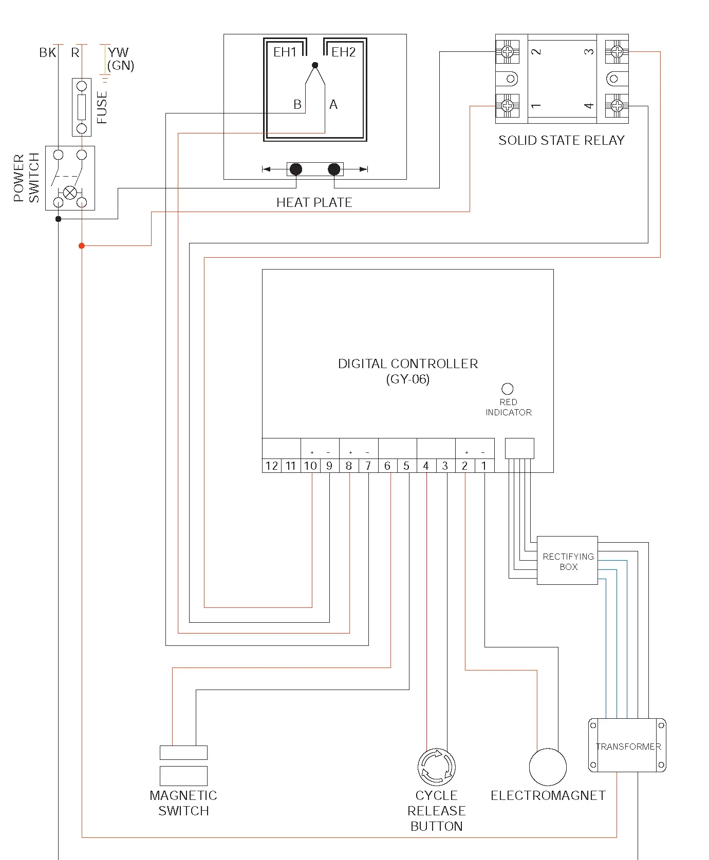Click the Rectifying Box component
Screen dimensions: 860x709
[567, 561]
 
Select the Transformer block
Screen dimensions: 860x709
[627, 746]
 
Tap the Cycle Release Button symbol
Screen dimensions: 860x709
[436, 767]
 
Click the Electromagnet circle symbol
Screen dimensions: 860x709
[548, 767]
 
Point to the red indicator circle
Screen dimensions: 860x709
[507, 389]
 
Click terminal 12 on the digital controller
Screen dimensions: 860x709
[271, 466]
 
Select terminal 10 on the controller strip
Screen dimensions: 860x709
[310, 466]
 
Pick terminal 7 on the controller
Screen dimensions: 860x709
[368, 466]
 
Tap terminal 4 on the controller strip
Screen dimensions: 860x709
[426, 466]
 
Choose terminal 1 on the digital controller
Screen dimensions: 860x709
[484, 466]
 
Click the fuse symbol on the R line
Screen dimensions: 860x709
[82, 107]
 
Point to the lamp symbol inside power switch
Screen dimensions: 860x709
[70, 193]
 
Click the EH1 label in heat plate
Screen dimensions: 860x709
[285, 52]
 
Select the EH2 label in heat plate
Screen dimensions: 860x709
[343, 52]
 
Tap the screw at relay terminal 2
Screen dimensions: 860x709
[507, 51]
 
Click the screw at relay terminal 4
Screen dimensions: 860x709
[617, 106]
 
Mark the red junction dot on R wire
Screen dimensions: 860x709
[82, 246]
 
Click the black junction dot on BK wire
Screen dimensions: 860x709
[59, 219]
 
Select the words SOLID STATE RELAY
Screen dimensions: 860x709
[562, 141]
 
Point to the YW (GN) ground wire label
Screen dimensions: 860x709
[120, 59]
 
